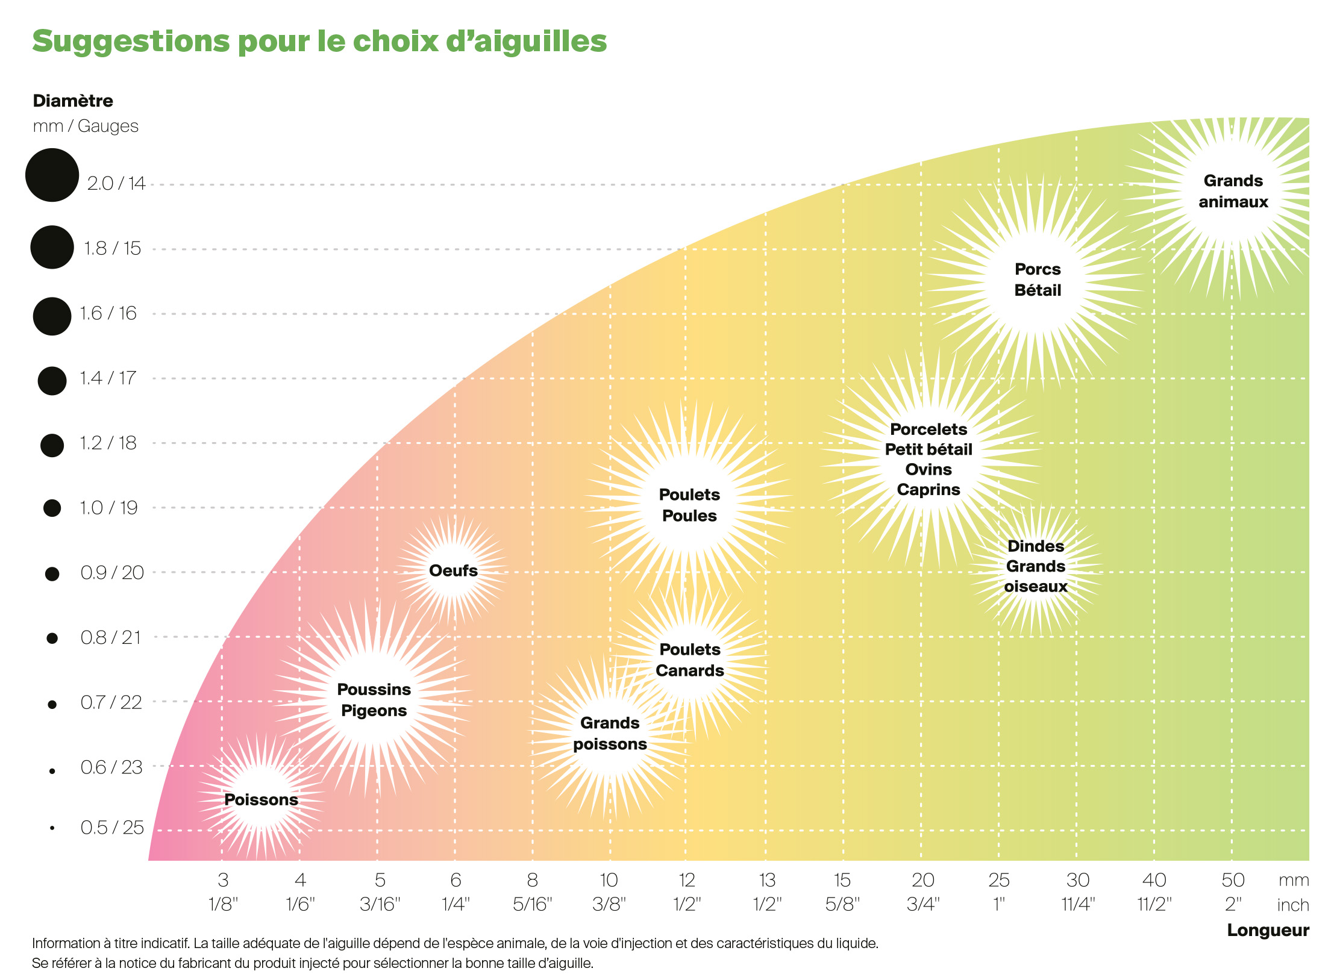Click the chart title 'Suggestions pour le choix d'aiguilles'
(319, 41)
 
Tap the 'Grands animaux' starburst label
(1233, 191)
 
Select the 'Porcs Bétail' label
(1037, 279)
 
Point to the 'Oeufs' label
(453, 570)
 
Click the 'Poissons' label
(261, 799)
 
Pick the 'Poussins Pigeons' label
(374, 699)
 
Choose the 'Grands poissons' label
(610, 733)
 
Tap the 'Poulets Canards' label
(689, 660)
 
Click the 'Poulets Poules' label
(689, 505)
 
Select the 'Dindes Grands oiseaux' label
(1035, 566)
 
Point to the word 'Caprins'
(928, 489)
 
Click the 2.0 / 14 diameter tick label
(116, 183)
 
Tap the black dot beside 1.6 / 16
(52, 316)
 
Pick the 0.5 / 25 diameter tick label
(112, 827)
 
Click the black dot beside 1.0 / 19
(52, 508)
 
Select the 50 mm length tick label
(1233, 880)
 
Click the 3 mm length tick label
(223, 880)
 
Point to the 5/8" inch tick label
(842, 904)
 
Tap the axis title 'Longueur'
(1268, 930)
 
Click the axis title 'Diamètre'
(73, 101)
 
